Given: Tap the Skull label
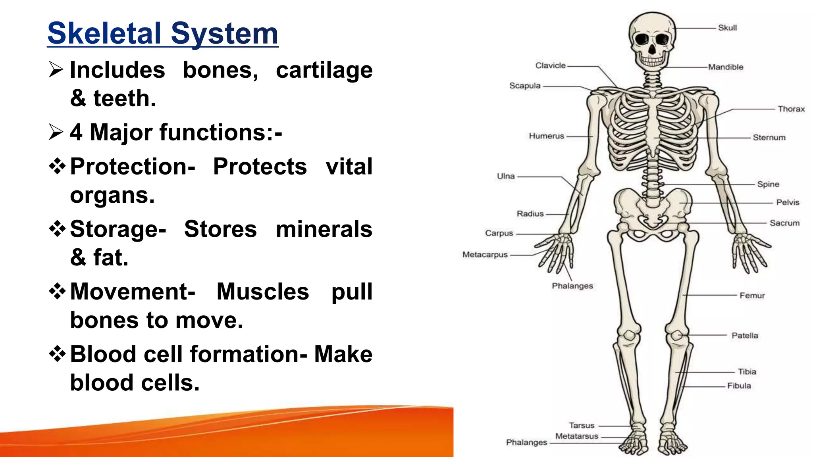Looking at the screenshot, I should (727, 28).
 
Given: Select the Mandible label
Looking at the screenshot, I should (726, 67).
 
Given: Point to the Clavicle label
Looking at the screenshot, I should (550, 65).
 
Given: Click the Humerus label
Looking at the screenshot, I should (546, 136).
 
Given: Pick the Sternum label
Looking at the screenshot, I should (769, 138).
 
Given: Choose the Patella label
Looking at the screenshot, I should (745, 336).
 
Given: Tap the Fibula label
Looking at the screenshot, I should (739, 386).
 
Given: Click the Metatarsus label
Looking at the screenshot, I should (576, 436).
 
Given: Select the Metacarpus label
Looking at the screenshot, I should (485, 255).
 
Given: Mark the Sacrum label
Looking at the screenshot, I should (784, 223).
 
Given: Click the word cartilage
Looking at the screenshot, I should (324, 70).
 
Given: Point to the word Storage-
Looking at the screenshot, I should (118, 229).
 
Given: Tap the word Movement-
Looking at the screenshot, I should (133, 292).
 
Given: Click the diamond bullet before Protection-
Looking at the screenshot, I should (57, 166).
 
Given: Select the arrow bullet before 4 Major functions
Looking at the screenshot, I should (56, 132).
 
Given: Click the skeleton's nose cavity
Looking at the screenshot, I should (652, 50).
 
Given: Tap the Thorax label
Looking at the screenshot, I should (791, 109).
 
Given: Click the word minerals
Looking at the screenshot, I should (324, 229).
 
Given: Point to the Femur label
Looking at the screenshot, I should (752, 296).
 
